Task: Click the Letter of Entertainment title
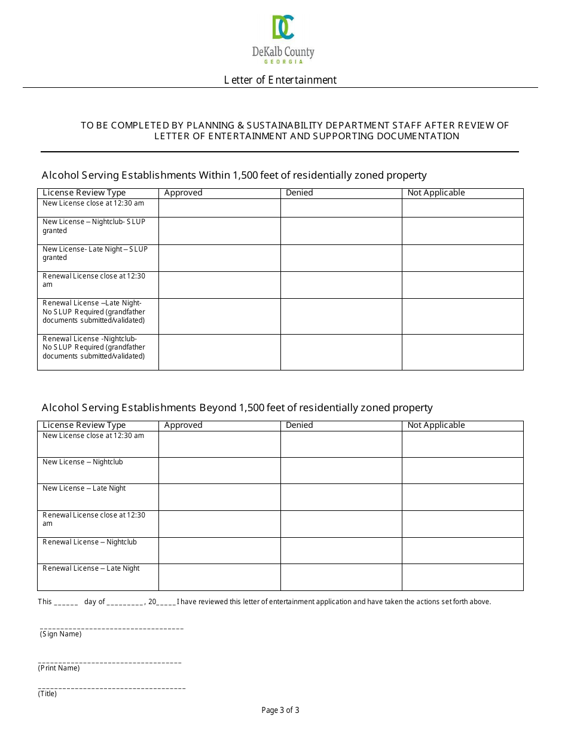coord(280,80)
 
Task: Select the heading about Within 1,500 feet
coord(234,175)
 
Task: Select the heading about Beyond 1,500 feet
coord(237,408)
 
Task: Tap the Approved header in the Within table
coord(183,193)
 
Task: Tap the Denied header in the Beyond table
coord(299,425)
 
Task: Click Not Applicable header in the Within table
coord(436,193)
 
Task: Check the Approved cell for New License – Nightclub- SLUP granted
coord(219,231)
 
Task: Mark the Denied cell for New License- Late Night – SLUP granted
coord(341,258)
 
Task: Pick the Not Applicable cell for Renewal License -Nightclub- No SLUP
coord(462,352)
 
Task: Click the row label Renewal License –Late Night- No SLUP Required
coord(94,312)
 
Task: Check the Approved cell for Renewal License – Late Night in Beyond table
coord(219,577)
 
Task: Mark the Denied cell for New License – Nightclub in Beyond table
coord(341,470)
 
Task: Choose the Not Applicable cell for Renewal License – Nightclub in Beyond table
coord(462,550)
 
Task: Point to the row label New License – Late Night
coord(84,488)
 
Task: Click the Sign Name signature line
coord(112,627)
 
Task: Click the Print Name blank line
coord(109,661)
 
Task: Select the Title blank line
coord(112,688)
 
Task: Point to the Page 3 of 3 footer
coord(280,710)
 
